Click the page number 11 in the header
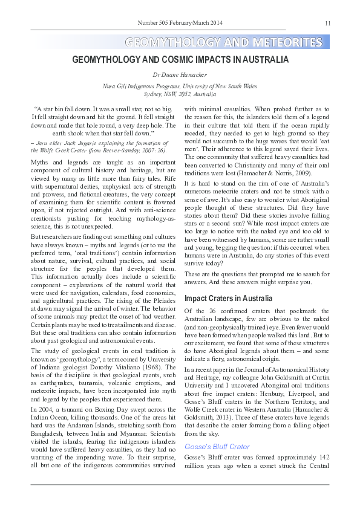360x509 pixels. (327, 24)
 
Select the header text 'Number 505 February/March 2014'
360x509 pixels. (180, 23)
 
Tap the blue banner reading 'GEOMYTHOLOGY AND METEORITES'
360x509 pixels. (223, 42)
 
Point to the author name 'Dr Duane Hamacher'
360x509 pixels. (180, 76)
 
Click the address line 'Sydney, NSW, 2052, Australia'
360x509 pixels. (180, 95)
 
